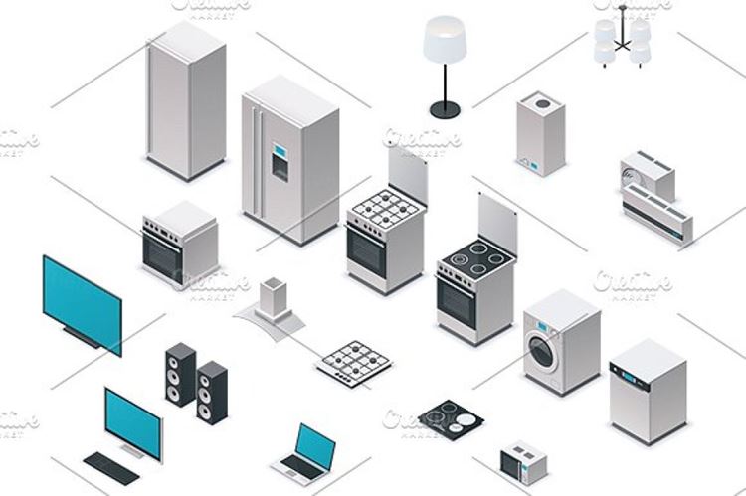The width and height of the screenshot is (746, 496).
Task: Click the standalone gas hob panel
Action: pos(355,358)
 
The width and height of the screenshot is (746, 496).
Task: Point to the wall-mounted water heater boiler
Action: pos(540,134)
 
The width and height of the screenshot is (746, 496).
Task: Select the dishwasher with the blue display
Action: pos(648,391)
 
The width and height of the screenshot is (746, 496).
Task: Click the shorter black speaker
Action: pos(211,394)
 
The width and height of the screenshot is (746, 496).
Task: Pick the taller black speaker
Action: pos(181,375)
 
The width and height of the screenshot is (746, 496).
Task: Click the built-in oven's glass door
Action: pos(162,255)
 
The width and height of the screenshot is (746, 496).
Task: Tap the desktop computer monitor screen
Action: pos(131,422)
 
